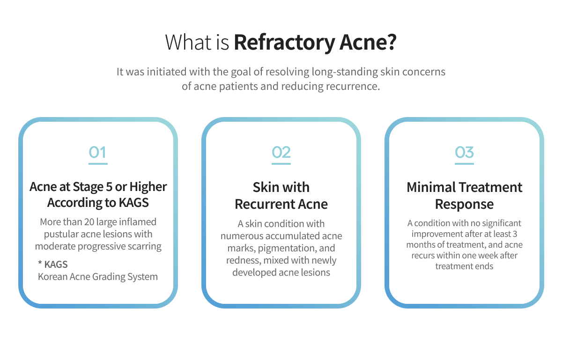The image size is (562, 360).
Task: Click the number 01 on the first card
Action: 98,152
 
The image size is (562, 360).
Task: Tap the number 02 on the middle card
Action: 281,152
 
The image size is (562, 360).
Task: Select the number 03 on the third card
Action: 464,152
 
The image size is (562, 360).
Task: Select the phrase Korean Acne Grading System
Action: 97,276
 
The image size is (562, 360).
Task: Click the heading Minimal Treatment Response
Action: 464,195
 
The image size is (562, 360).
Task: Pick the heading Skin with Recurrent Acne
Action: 281,195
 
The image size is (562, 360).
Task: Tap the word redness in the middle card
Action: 244,260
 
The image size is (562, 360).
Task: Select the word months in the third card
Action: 420,245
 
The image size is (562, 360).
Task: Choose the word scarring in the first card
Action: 144,246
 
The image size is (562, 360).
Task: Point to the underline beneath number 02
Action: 281,164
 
